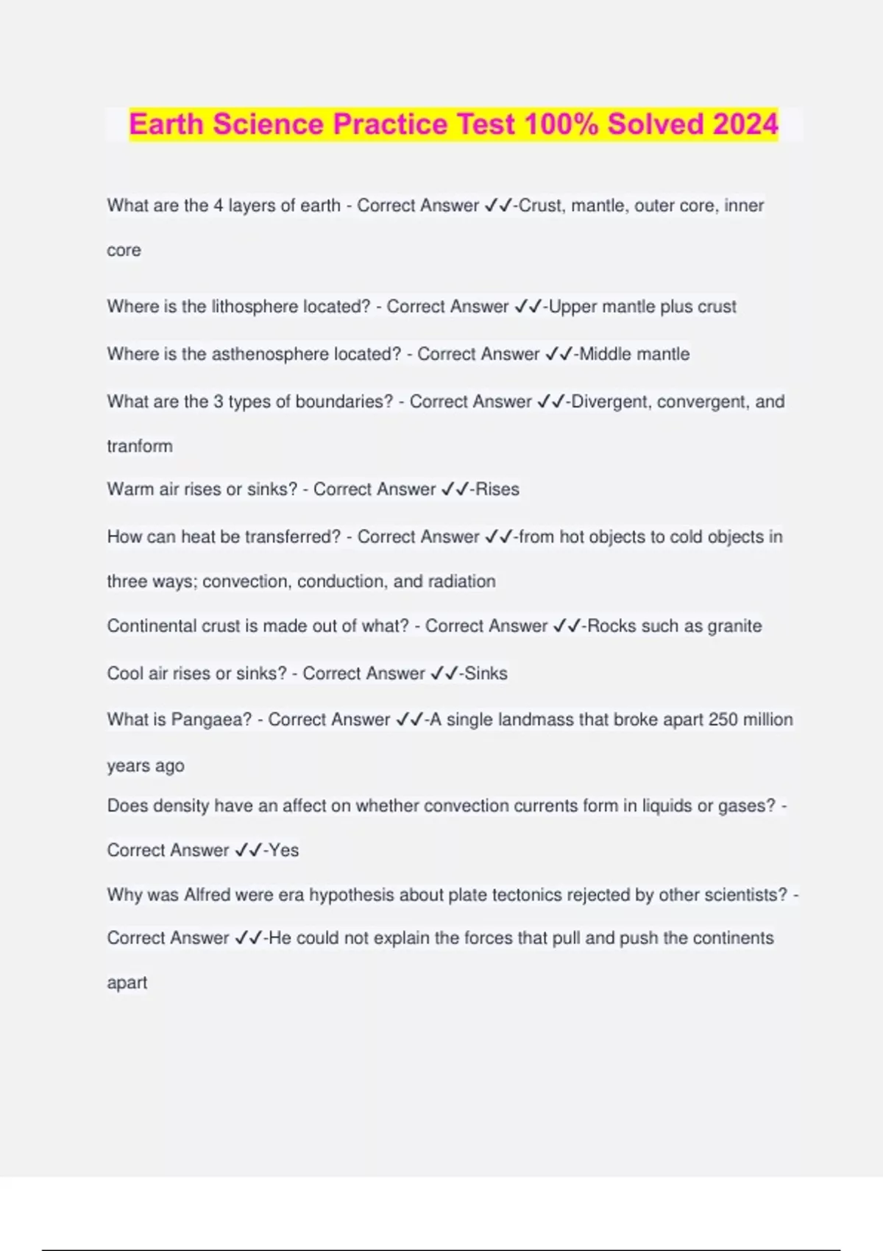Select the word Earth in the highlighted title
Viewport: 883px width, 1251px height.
tap(166, 124)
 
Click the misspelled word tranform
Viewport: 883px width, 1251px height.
tap(140, 446)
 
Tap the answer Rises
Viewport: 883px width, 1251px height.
tap(497, 489)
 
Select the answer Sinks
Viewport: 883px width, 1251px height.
tap(486, 673)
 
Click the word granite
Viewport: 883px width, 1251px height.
tap(734, 626)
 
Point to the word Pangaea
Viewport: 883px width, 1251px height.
tap(211, 720)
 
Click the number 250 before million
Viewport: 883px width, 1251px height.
tap(723, 720)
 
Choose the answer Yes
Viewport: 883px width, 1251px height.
tap(284, 850)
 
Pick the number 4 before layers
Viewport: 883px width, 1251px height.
tap(219, 205)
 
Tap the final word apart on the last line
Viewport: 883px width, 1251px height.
tap(127, 983)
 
